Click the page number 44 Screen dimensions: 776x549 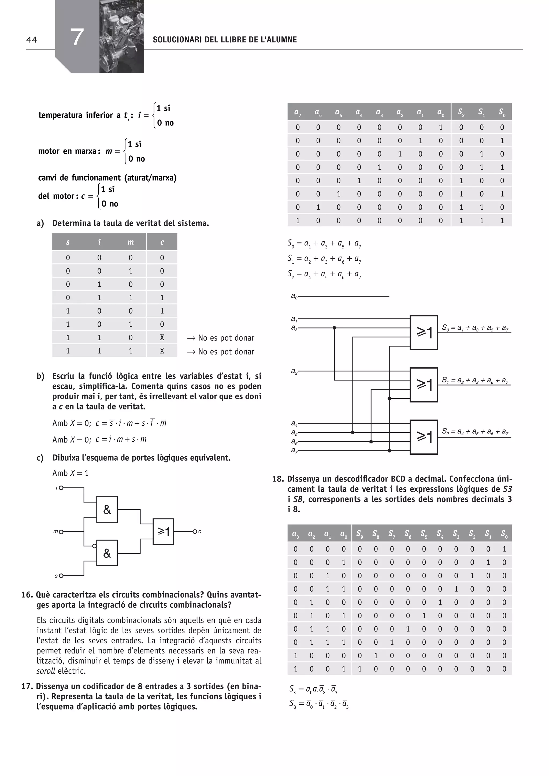tap(31, 40)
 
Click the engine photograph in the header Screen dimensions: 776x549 tap(122, 36)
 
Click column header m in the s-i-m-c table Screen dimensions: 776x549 tap(131, 242)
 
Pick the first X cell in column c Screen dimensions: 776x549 tap(162, 338)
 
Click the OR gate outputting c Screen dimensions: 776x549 tap(163, 532)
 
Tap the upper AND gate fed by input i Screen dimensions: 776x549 tap(107, 510)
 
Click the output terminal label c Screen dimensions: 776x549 tap(200, 532)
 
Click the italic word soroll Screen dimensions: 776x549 tap(46, 671)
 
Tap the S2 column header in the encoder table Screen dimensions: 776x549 tap(461, 112)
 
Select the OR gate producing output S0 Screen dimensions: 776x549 tap(424, 333)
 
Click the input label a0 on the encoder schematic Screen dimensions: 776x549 tap(294, 296)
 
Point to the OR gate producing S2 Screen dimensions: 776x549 tap(424, 437)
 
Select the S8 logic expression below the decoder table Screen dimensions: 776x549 tap(319, 704)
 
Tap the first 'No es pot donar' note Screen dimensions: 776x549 tap(226, 338)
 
